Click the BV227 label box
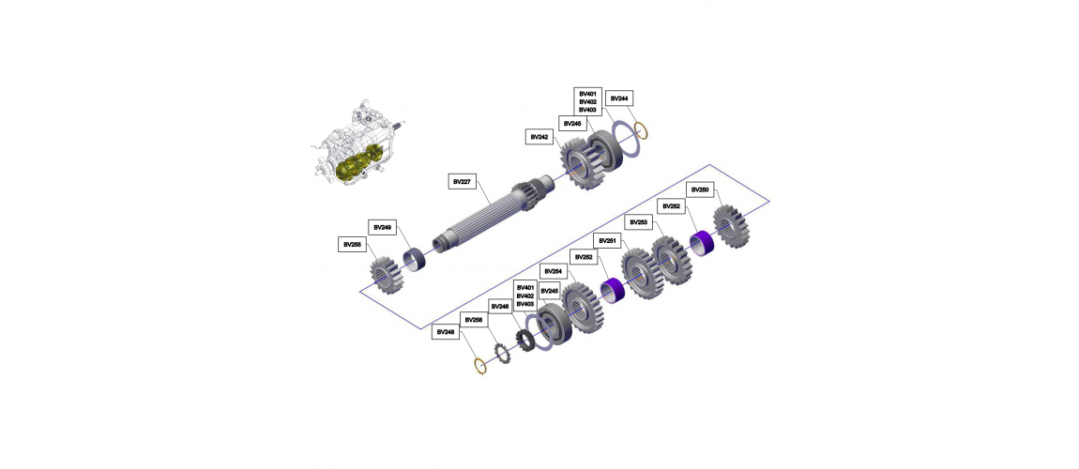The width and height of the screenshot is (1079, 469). [x=463, y=182]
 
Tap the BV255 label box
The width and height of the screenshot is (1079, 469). [x=352, y=244]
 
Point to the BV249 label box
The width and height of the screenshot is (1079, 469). [x=382, y=227]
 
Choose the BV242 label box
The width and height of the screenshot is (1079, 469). [x=539, y=137]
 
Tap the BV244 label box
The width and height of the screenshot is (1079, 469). [x=619, y=98]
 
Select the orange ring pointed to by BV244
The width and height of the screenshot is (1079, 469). [x=640, y=130]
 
